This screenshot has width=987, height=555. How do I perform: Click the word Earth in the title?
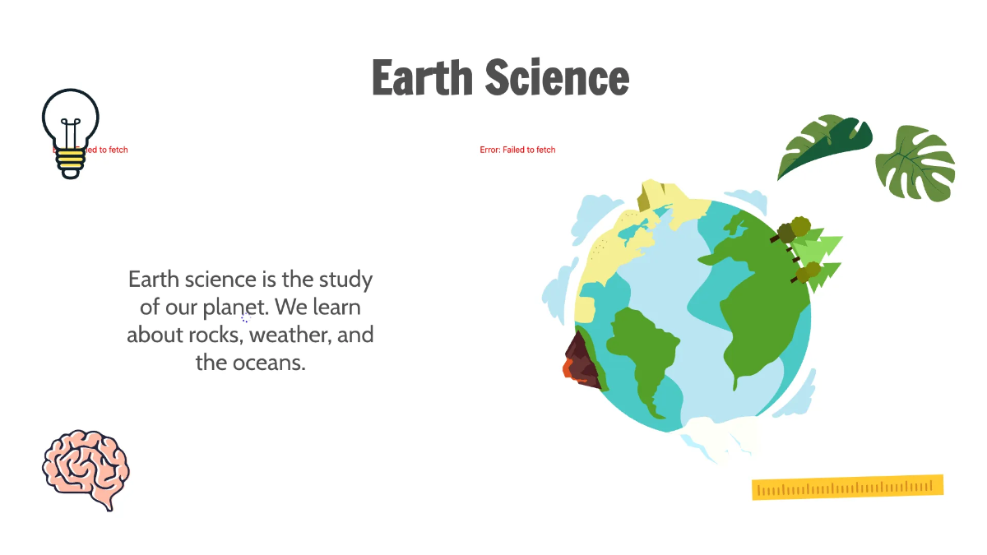click(x=423, y=78)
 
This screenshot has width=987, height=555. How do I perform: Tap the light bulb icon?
click(x=71, y=123)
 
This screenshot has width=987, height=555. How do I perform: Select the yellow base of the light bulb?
click(x=71, y=162)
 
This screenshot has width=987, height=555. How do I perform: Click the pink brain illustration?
click(x=86, y=467)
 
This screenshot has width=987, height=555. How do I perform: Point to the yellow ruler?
click(x=847, y=487)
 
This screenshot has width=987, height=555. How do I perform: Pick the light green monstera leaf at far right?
click(x=915, y=162)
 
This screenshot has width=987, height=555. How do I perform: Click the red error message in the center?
click(x=517, y=150)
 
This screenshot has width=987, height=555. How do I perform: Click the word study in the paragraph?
click(x=345, y=280)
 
